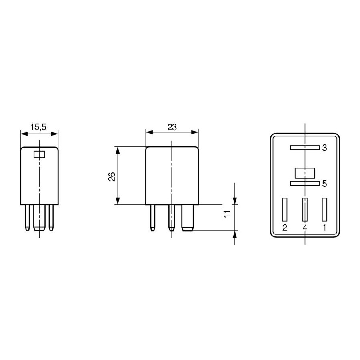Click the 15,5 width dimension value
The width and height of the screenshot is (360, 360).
tap(38, 127)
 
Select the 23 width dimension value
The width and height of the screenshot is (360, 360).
tap(172, 127)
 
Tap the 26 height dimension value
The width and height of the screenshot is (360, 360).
tap(112, 176)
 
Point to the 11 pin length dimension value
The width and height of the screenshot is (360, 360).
tap(227, 214)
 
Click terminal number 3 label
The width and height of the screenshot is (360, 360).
tap(324, 148)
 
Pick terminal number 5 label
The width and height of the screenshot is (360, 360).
tap(324, 184)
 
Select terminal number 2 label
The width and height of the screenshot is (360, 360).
tap(285, 228)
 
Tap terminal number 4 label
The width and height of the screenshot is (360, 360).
tap(305, 228)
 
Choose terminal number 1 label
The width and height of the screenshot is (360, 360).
tap(324, 228)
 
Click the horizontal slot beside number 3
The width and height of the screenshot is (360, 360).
tap(305, 148)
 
